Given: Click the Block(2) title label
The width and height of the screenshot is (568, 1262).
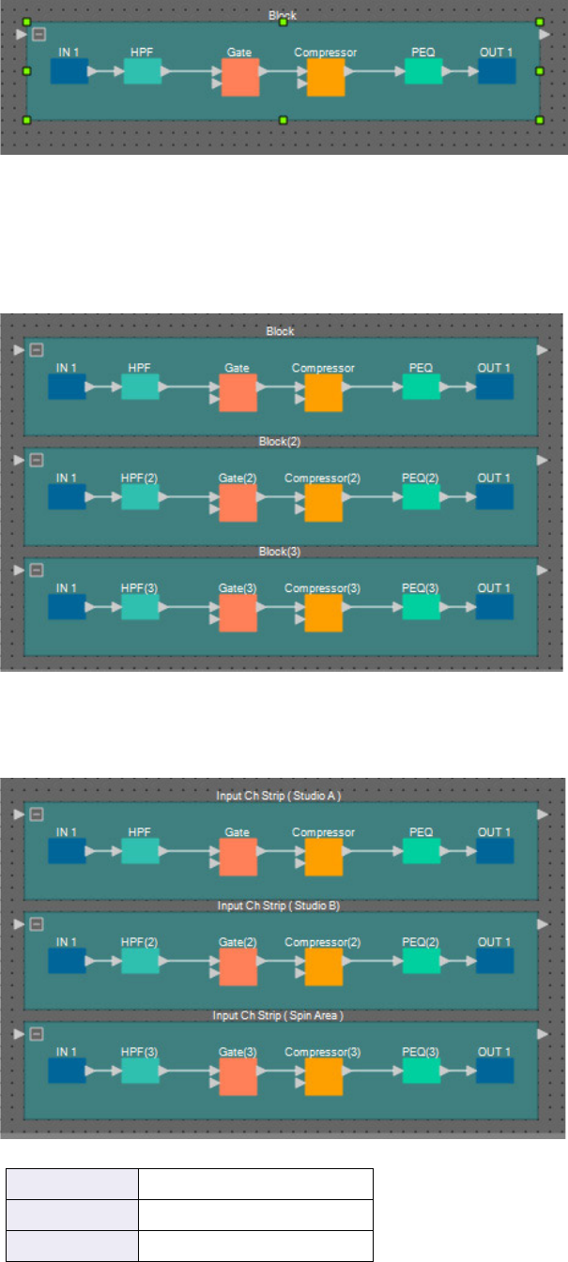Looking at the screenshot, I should coord(280,441).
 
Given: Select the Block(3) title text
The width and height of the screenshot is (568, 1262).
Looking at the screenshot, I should coord(280,552).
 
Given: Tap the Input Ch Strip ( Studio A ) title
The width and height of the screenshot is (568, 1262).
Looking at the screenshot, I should coord(279,796).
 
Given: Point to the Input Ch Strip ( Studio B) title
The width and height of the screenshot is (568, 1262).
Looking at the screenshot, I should coord(279,905).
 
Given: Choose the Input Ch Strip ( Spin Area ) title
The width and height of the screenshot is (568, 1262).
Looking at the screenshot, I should coord(279,1015).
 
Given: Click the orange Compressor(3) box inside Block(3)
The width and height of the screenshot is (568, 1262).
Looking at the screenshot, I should coord(323,614).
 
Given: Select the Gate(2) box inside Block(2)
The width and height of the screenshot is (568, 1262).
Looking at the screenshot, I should coord(238,503).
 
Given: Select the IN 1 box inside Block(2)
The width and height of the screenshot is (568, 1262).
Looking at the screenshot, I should coord(67,496).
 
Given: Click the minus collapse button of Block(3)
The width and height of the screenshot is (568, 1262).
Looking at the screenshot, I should coord(37,570).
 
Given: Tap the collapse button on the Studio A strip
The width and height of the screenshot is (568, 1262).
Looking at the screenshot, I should coord(37,813).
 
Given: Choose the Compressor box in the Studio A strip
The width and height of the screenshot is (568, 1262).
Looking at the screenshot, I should coord(323,857).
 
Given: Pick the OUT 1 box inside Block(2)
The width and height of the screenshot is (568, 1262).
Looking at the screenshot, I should coord(495,496).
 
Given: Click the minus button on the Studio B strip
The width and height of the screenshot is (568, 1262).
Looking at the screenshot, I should coord(37,924).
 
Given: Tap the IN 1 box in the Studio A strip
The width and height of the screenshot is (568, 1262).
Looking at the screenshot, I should coord(67,850).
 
